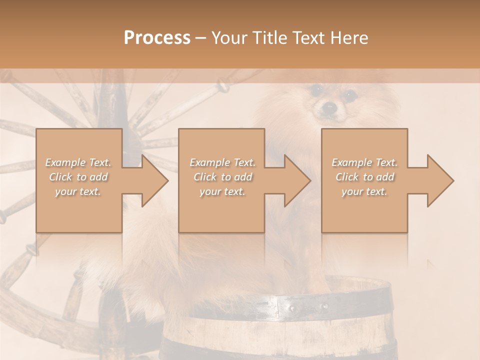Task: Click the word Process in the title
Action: [x=157, y=38]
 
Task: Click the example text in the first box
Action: [x=78, y=177]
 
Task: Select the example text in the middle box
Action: [x=222, y=177]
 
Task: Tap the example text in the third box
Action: [x=364, y=177]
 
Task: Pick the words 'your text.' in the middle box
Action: [x=222, y=191]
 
